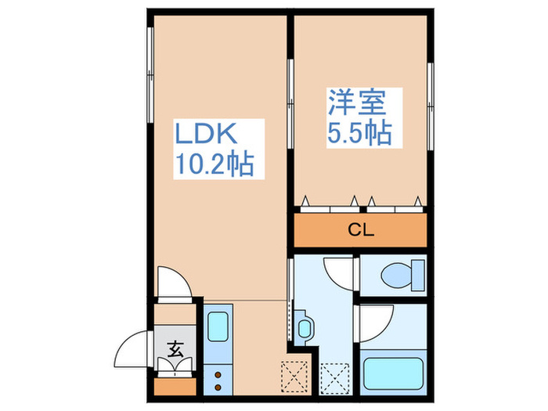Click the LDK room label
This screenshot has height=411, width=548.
pos(204,135)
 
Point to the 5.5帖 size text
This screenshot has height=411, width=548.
pos(359,132)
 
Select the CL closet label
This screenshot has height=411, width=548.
pos(361,231)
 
